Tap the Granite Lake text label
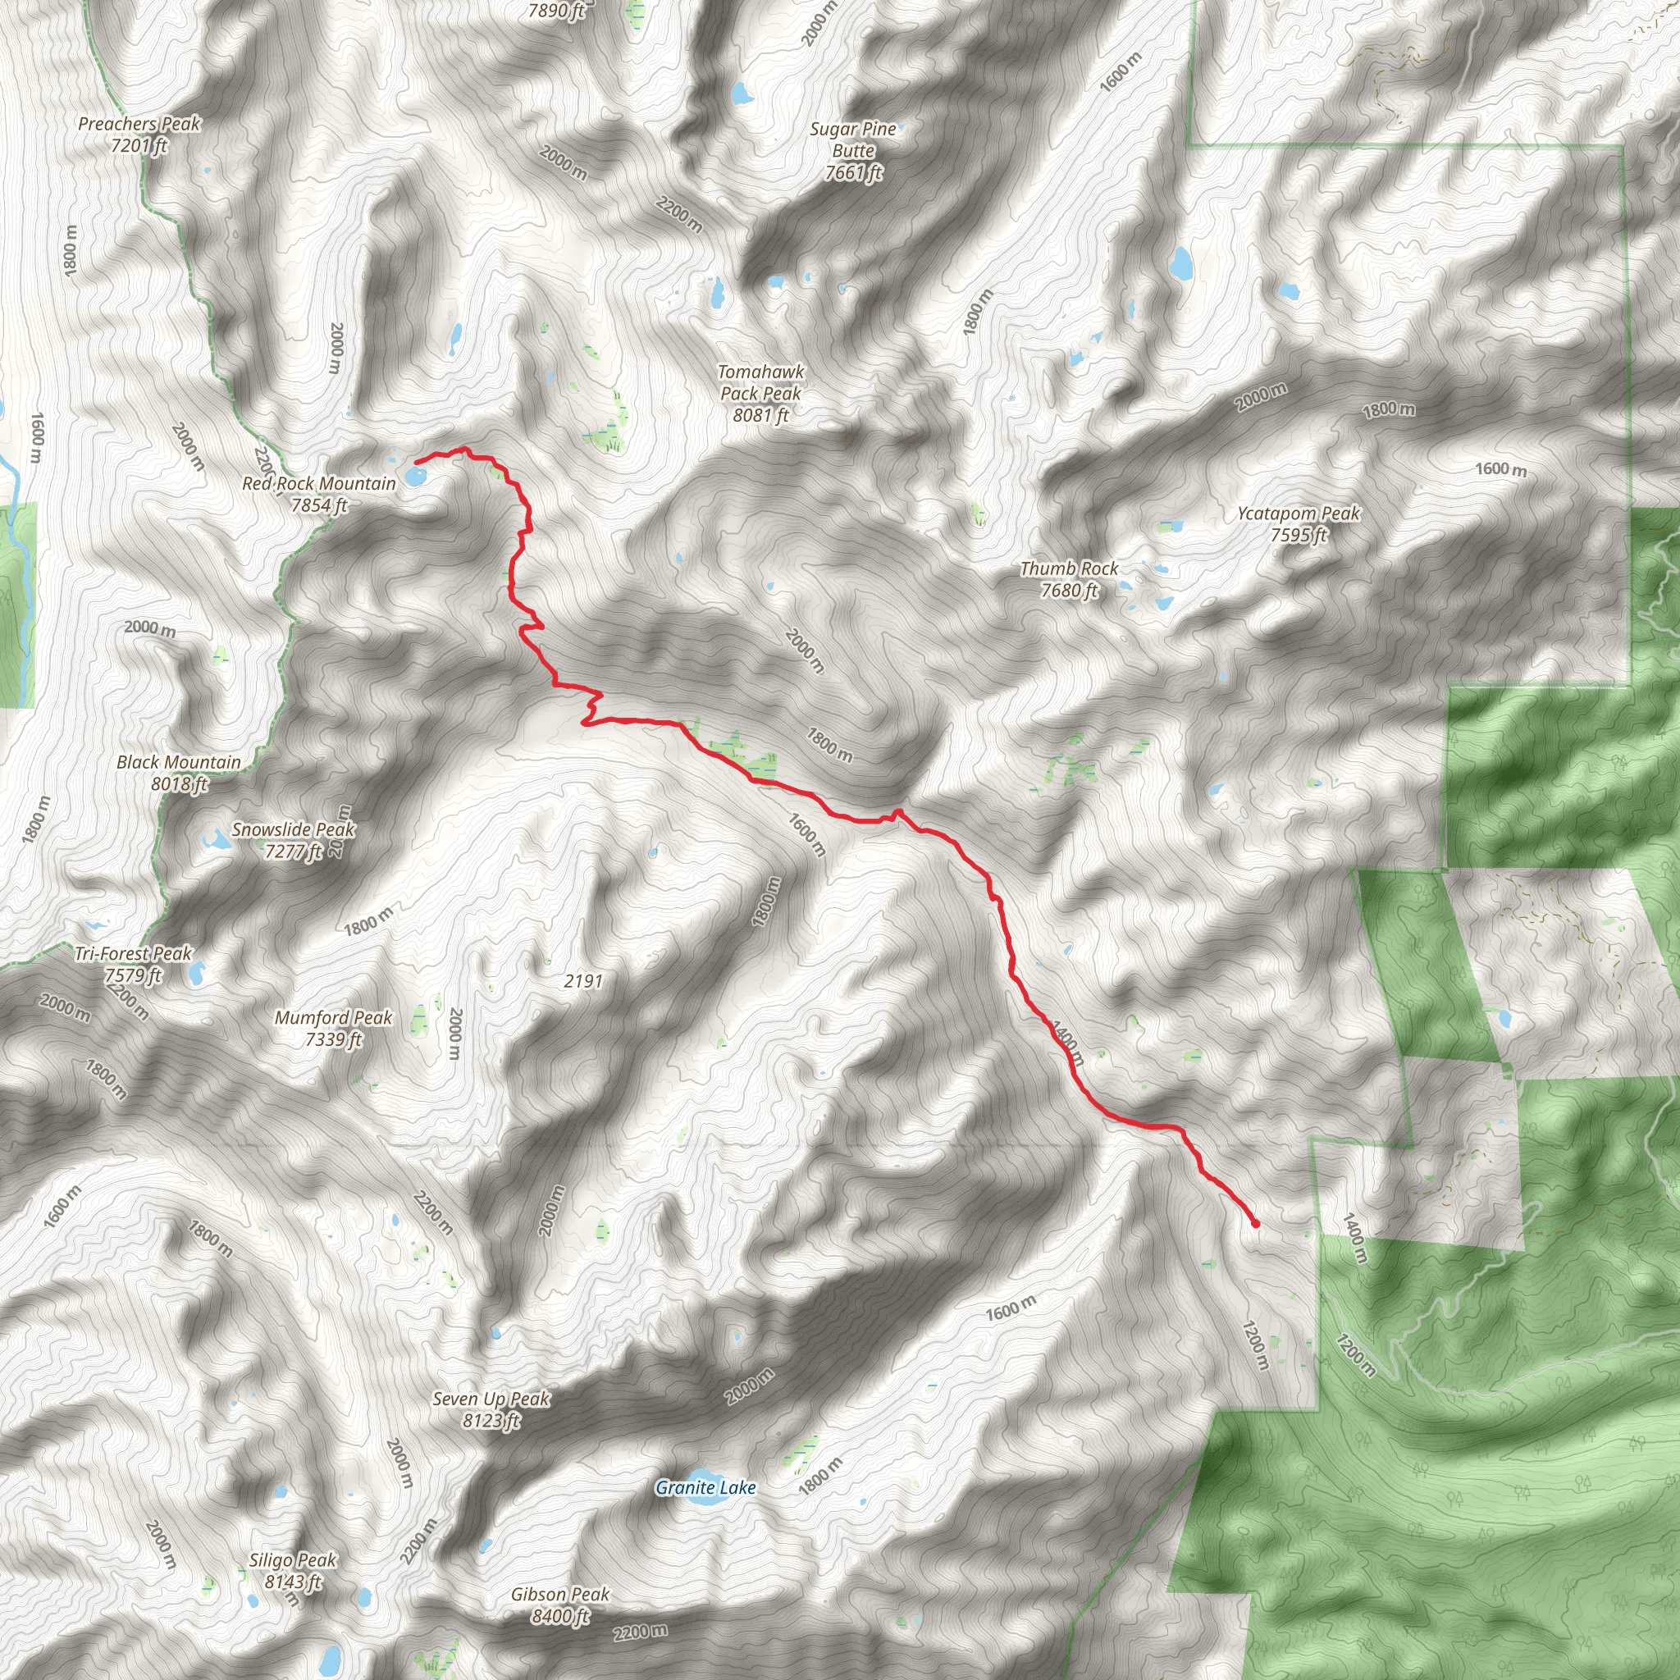(x=705, y=1488)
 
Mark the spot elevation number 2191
(x=582, y=981)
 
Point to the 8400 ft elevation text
(x=560, y=1616)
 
